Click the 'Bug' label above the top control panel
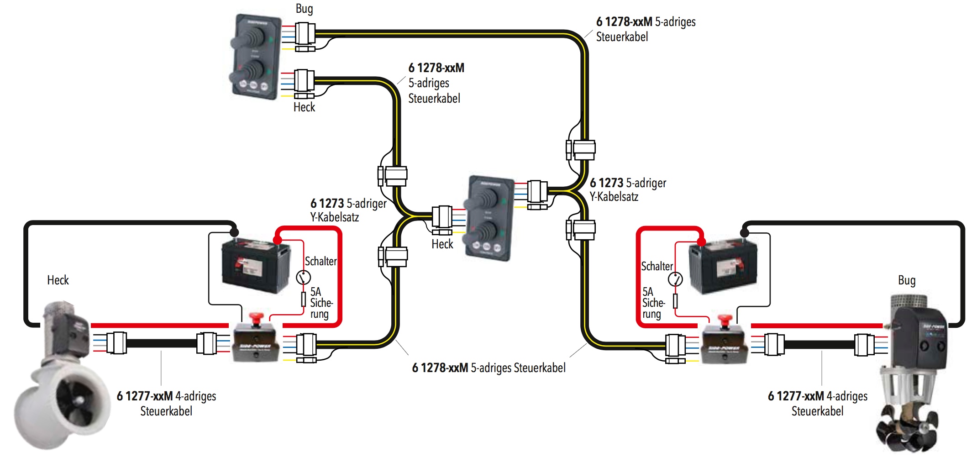click(x=304, y=9)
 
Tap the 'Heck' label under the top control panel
click(x=304, y=107)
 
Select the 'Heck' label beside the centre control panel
click(x=442, y=244)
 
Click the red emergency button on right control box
click(x=725, y=319)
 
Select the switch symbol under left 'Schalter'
click(x=303, y=277)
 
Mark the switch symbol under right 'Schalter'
click(x=675, y=279)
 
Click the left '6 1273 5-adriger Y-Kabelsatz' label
click(x=348, y=210)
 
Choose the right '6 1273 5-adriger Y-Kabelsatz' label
click(x=627, y=189)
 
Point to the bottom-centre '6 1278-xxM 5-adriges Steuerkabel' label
click(x=488, y=368)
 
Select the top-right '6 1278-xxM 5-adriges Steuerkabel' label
click(x=645, y=29)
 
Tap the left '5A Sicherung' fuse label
click(x=321, y=303)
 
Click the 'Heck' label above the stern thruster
click(x=58, y=280)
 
